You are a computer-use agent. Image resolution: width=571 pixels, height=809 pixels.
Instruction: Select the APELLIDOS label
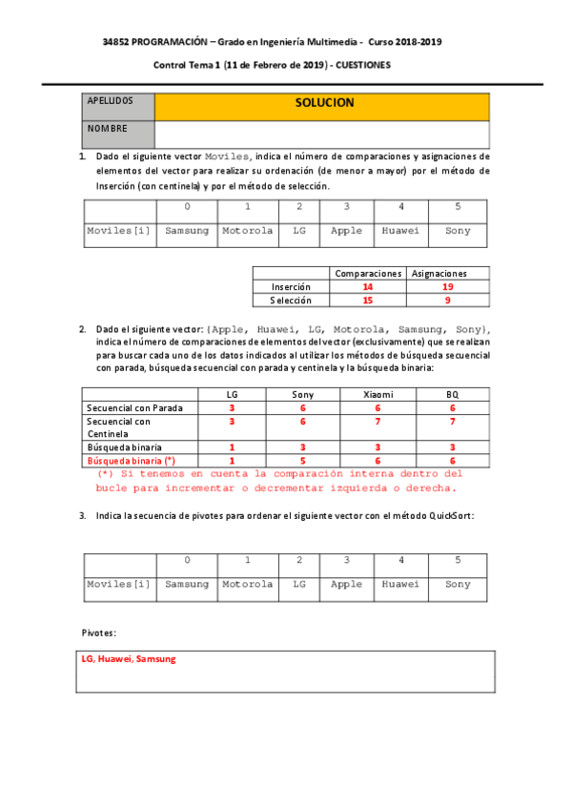[x=110, y=100]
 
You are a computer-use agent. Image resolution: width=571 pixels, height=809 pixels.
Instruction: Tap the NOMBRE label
[x=107, y=128]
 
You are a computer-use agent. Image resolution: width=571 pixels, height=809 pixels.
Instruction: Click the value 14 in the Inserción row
[x=367, y=286]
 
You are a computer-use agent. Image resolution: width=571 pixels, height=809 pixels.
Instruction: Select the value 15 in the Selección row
[x=367, y=301]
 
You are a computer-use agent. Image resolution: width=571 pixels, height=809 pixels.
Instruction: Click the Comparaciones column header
[x=367, y=273]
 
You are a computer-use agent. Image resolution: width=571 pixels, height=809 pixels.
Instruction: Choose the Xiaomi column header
[x=377, y=394]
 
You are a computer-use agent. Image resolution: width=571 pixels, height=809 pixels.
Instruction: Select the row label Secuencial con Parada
[x=134, y=407]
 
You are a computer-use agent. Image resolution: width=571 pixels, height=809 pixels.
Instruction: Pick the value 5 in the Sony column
[x=303, y=460]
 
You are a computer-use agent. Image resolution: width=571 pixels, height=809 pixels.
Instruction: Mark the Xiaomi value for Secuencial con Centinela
[x=377, y=421]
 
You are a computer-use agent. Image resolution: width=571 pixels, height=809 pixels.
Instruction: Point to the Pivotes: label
[x=99, y=633]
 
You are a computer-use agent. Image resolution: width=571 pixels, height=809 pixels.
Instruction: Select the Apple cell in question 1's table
[x=346, y=231]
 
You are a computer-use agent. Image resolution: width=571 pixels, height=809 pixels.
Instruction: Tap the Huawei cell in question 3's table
[x=400, y=584]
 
